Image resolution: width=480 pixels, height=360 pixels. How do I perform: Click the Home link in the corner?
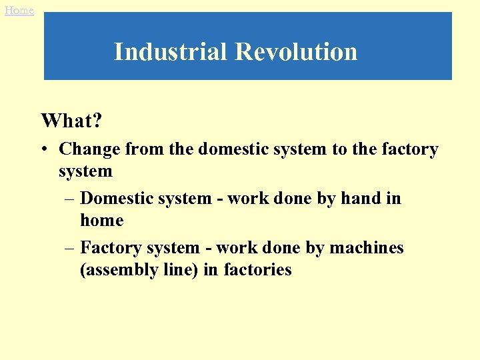coord(19,10)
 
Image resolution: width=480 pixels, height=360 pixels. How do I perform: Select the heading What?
coord(70,121)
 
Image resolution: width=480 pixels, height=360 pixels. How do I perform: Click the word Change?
coord(87,149)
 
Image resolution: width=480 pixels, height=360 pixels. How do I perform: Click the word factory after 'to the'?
coord(408,149)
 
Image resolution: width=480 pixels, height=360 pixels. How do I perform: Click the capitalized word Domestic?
coord(111,198)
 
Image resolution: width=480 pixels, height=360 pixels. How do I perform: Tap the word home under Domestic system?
coord(101,220)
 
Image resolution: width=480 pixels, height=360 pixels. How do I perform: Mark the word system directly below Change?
coord(85,171)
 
